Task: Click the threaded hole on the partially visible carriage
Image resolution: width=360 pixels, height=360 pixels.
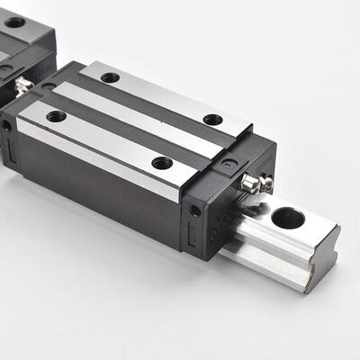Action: pyautogui.click(x=15, y=47)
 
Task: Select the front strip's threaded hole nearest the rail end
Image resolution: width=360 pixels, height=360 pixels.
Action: pyautogui.click(x=162, y=163)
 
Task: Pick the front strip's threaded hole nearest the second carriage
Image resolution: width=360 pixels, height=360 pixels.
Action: pyautogui.click(x=56, y=116)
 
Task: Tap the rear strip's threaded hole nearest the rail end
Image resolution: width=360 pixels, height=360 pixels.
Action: pyautogui.click(x=212, y=120)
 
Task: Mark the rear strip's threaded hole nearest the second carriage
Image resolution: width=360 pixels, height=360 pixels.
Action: pyautogui.click(x=110, y=77)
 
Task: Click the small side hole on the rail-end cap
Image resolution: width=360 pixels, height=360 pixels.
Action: pyautogui.click(x=194, y=211)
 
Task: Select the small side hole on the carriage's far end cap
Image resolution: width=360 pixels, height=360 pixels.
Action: pyautogui.click(x=7, y=126)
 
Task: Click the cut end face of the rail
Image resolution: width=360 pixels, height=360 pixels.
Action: pyautogui.click(x=322, y=256)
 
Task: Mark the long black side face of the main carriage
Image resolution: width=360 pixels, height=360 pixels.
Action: pyautogui.click(x=99, y=189)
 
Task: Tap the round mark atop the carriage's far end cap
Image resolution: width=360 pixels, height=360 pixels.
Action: pyautogui.click(x=47, y=86)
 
